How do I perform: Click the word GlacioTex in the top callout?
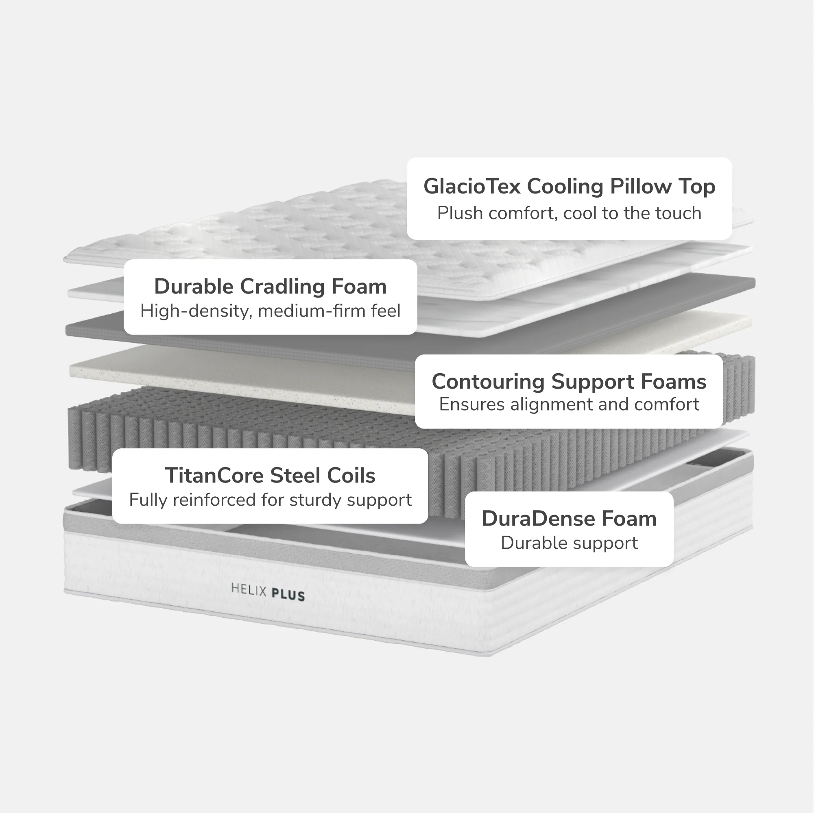pyautogui.click(x=472, y=186)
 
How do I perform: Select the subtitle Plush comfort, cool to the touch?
pyautogui.click(x=569, y=213)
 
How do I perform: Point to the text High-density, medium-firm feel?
pyautogui.click(x=271, y=311)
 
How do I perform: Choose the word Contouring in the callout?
pyautogui.click(x=488, y=382)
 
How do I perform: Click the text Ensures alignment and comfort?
pyautogui.click(x=569, y=404)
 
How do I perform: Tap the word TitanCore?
pyautogui.click(x=214, y=476)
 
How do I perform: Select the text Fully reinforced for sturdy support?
pyautogui.click(x=271, y=500)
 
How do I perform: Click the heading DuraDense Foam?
pyautogui.click(x=569, y=519)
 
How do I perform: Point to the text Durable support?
pyautogui.click(x=569, y=543)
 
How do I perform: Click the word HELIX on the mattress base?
pyautogui.click(x=249, y=589)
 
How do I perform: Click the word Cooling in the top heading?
pyautogui.click(x=565, y=187)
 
